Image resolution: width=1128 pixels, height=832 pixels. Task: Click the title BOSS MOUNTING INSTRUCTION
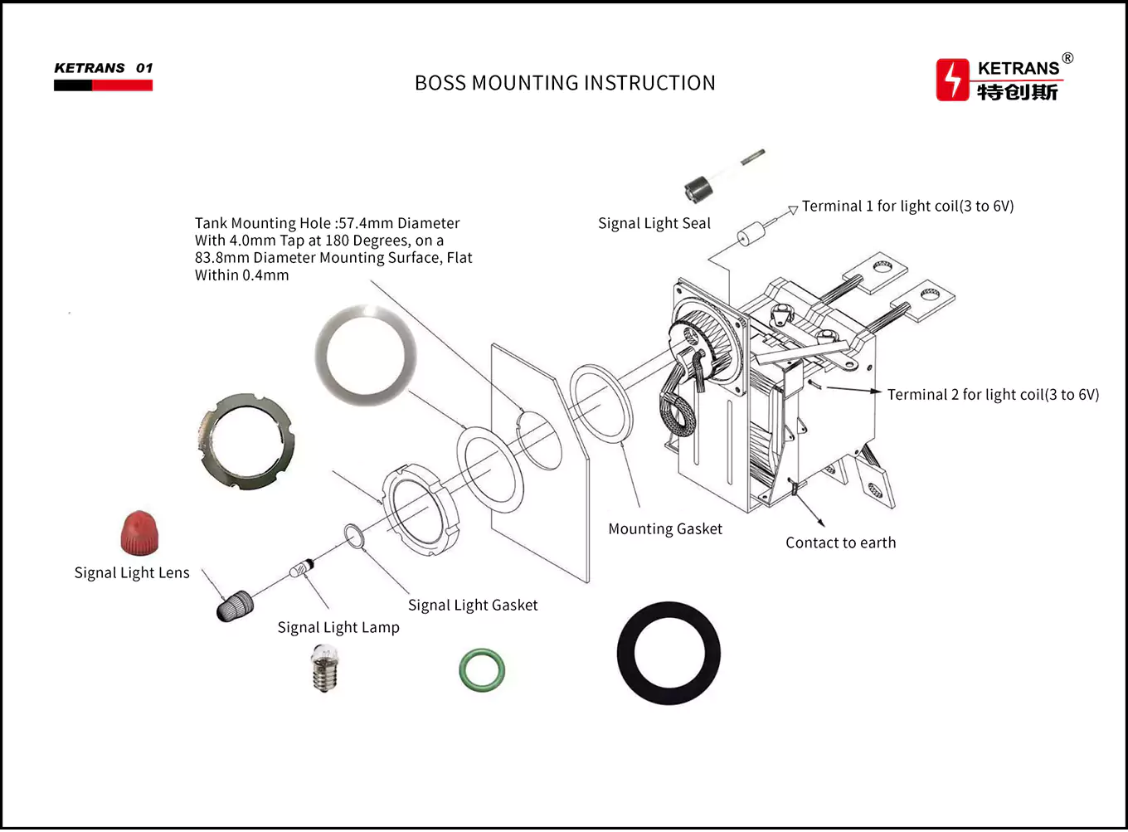[565, 83]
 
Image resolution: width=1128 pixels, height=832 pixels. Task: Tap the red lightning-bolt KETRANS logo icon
[952, 80]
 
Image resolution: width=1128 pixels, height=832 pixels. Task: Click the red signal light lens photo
[139, 533]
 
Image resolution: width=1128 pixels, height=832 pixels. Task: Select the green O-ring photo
[482, 669]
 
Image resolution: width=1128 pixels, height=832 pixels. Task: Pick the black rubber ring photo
[669, 654]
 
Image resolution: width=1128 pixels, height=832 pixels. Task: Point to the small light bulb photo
[325, 669]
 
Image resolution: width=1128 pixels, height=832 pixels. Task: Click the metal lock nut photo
[246, 441]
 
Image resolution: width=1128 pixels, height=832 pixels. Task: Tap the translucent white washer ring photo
[365, 355]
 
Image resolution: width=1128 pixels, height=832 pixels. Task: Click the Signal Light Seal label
[654, 223]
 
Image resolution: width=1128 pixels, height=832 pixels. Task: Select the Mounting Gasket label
[665, 529]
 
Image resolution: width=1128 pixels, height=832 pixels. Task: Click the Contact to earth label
[840, 543]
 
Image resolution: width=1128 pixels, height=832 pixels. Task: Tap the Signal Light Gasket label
[473, 606]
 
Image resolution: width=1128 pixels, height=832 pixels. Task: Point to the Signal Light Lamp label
[338, 628]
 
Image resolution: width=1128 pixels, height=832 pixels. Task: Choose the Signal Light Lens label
[132, 573]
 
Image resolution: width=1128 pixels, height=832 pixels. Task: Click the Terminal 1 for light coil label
[907, 207]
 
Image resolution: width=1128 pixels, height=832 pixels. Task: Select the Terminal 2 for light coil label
[993, 395]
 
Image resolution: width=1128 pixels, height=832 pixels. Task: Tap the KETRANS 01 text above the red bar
[104, 68]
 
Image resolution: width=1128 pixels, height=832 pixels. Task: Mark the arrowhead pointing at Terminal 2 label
[876, 392]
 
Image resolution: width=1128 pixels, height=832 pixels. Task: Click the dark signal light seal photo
[698, 189]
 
